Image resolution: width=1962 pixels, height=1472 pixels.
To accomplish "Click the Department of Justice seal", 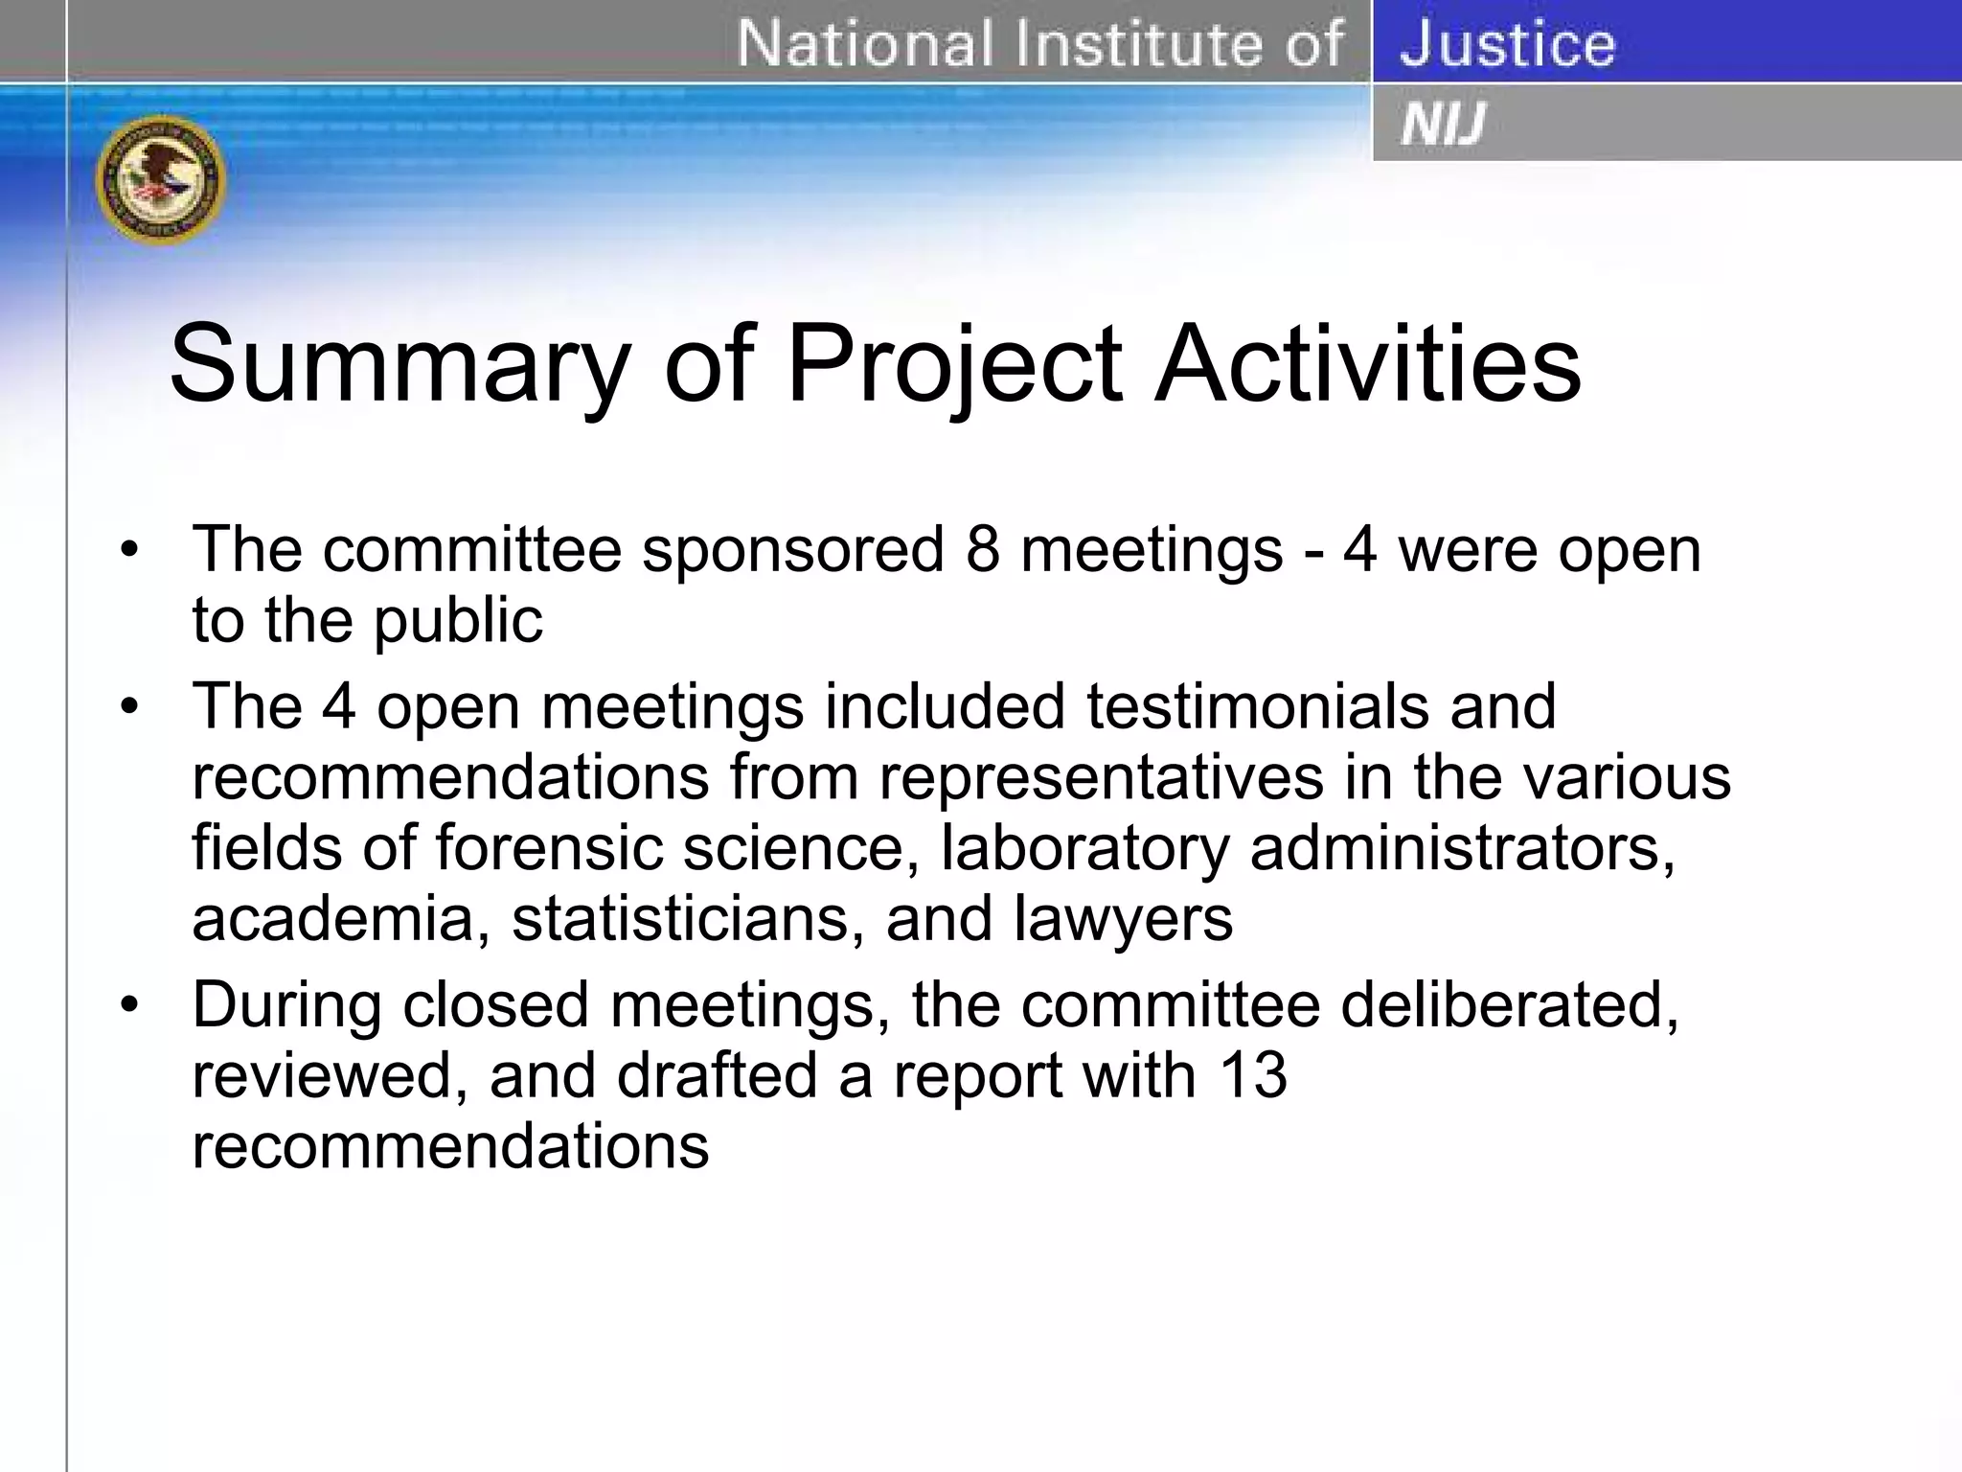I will click(x=161, y=179).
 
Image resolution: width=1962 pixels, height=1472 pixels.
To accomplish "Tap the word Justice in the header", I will click(x=1507, y=44).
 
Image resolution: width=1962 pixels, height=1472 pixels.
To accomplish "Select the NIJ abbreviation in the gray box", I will click(x=1443, y=125).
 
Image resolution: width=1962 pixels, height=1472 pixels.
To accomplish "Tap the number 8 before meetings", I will click(x=983, y=550).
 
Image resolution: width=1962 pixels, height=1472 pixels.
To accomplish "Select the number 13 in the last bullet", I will click(x=1253, y=1075).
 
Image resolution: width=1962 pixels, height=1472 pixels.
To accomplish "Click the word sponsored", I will click(x=793, y=552).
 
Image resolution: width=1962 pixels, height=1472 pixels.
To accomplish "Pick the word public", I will click(x=458, y=621).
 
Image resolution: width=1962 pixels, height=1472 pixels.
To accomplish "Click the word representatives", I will click(x=1102, y=777).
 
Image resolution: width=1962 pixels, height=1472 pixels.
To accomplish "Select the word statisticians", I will click(x=688, y=919).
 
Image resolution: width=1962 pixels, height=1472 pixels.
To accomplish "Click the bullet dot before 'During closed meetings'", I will click(x=129, y=1005).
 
